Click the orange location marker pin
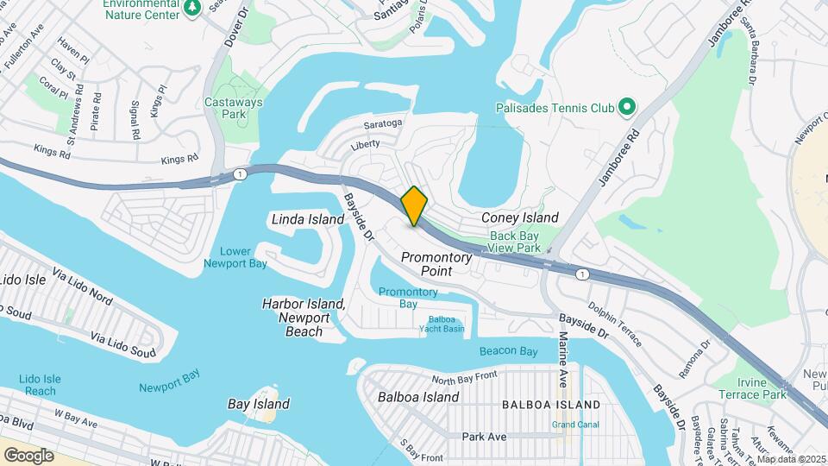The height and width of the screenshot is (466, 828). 414,205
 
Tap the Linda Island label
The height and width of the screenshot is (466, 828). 309,219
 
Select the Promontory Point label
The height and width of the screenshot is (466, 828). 436,264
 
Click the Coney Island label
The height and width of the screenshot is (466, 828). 519,217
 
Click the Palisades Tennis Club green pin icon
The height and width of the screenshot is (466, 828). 627,108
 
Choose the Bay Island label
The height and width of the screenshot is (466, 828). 258,404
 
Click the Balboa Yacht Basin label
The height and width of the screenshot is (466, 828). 442,324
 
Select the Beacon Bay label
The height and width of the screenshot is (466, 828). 509,351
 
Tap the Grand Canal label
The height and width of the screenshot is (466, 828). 575,425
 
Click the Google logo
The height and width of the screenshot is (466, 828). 28,455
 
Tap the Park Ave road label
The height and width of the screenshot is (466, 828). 484,437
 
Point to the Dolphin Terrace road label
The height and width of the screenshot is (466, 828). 615,323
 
